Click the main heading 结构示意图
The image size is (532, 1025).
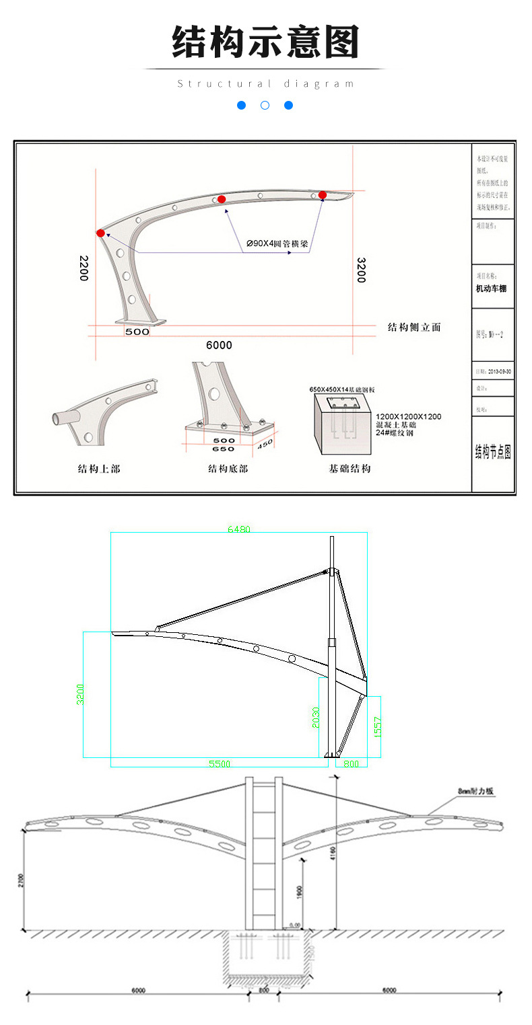pos(265,43)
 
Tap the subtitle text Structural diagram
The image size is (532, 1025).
pos(265,84)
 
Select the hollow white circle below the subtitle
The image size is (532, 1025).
pos(265,106)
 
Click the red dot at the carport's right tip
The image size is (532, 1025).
pos(323,195)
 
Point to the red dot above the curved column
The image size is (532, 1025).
pos(100,233)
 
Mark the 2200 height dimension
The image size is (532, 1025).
pos(84,268)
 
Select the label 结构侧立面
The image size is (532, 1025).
pos(414,328)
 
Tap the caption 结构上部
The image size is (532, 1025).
pos(99,469)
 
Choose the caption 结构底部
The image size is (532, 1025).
pos(228,469)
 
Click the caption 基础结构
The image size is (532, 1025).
pos(350,469)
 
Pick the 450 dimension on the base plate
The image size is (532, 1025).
pos(265,443)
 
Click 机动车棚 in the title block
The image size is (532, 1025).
pos(491,289)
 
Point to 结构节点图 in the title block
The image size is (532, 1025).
pos(493,452)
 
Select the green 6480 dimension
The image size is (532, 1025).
pos(239,529)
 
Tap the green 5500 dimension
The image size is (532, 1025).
pos(220,764)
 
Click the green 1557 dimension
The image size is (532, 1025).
pos(378,726)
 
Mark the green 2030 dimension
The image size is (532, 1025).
pos(317,718)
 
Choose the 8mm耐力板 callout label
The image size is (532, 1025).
pos(475,792)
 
